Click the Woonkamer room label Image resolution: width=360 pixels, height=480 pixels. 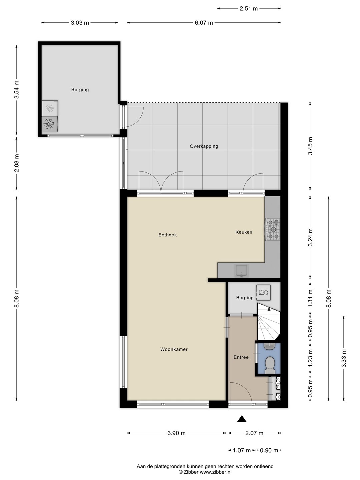[x=174, y=349]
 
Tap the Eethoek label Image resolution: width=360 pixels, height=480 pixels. [x=168, y=235]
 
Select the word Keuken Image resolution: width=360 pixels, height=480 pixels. [x=244, y=232]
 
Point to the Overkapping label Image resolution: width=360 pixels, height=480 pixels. [x=204, y=146]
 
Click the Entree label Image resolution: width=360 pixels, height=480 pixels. [x=241, y=357]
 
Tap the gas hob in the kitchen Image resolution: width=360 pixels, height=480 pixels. [x=273, y=229]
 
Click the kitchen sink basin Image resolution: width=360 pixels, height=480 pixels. [x=241, y=270]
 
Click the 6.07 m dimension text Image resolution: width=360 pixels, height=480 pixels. [x=204, y=23]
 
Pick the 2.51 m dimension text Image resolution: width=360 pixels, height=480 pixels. [x=249, y=9]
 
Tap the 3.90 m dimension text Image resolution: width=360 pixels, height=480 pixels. [x=176, y=433]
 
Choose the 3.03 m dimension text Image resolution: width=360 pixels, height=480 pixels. [x=80, y=23]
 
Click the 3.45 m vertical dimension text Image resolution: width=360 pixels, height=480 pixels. [x=310, y=146]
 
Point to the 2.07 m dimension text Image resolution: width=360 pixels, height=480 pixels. [x=254, y=433]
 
